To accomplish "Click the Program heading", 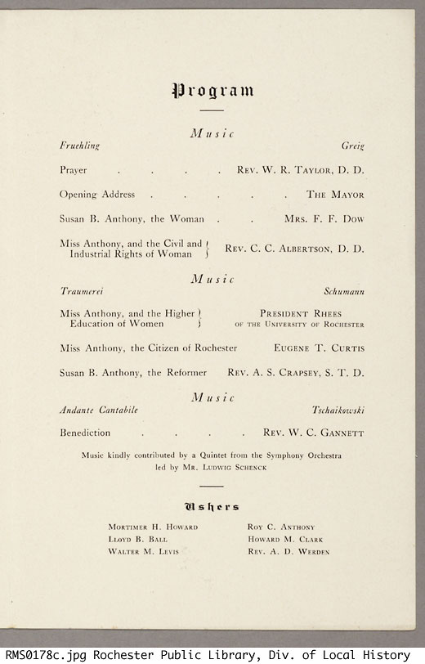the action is (x=212, y=90).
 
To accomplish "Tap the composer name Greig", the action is (x=352, y=146).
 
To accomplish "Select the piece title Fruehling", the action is (x=79, y=146).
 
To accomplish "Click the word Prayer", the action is (x=73, y=171).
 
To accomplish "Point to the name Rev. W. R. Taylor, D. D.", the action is (x=300, y=171).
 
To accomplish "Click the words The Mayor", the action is (x=335, y=195).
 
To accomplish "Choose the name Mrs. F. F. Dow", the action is (x=324, y=219).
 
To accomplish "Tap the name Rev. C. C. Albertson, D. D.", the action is (x=294, y=249).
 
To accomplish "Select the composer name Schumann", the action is (x=343, y=291).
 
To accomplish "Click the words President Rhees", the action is (x=300, y=313).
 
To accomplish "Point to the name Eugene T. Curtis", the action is (x=319, y=348).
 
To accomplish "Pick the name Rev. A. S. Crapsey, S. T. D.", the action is (x=295, y=373).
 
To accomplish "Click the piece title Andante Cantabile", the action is (x=98, y=409).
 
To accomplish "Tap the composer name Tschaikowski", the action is (x=338, y=409).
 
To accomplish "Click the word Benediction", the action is (x=84, y=433).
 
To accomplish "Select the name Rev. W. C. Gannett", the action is (x=313, y=433).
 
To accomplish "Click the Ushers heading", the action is (x=212, y=507).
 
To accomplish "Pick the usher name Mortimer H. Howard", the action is (x=153, y=527).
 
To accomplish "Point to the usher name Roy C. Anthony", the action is (x=280, y=527).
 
